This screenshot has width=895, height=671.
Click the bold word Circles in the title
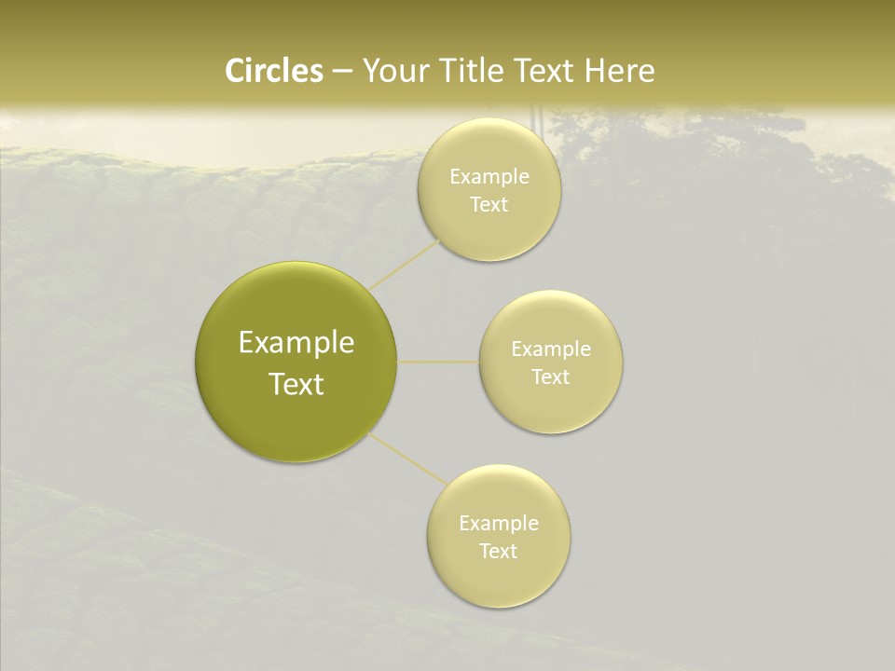(274, 71)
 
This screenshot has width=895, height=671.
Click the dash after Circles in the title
(341, 72)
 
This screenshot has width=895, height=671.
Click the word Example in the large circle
(296, 343)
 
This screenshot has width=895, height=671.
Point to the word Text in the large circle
(296, 384)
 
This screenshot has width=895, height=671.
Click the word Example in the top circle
(489, 177)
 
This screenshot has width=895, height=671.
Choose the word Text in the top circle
(489, 205)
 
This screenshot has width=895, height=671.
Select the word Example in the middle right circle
(551, 349)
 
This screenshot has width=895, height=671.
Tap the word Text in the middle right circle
(551, 377)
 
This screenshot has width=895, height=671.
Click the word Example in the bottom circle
(499, 524)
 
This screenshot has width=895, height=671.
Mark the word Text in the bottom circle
(499, 552)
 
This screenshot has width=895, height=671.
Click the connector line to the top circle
(404, 265)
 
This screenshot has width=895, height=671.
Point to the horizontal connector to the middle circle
(438, 361)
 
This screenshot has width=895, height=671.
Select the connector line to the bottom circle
(406, 459)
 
